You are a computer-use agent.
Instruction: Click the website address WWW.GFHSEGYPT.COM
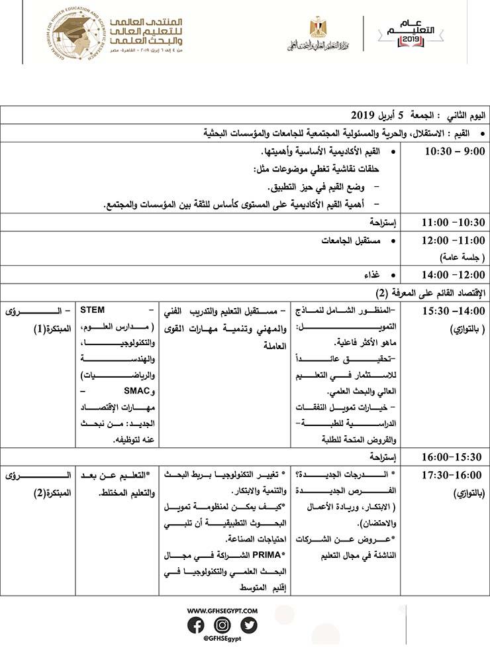click(222, 610)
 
